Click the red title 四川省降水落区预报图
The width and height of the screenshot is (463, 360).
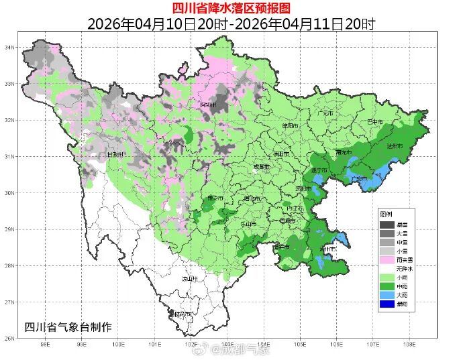coord(231,8)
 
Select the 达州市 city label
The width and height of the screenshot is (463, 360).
coord(394,146)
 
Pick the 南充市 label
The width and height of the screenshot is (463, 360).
coord(343,153)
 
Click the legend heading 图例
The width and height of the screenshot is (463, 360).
coord(386,214)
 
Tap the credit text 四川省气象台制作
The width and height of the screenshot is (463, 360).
coord(68,326)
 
